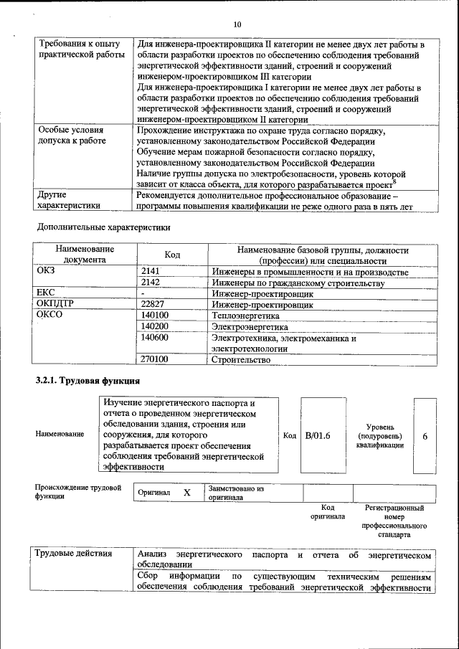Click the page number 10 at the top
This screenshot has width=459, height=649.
click(x=237, y=24)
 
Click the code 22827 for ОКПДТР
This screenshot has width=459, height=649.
click(x=154, y=305)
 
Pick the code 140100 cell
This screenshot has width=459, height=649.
click(x=155, y=316)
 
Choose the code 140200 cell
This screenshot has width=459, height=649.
click(x=155, y=326)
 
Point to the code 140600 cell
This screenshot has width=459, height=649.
click(x=155, y=338)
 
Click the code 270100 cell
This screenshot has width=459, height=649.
click(x=155, y=360)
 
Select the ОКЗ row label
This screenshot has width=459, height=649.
click(x=46, y=273)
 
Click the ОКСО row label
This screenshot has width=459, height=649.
click(x=49, y=316)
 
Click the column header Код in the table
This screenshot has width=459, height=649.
click(x=172, y=255)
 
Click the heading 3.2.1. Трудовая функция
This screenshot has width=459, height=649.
click(x=87, y=380)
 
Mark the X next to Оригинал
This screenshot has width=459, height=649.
click(x=187, y=493)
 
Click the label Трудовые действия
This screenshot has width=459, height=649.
click(x=73, y=554)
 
